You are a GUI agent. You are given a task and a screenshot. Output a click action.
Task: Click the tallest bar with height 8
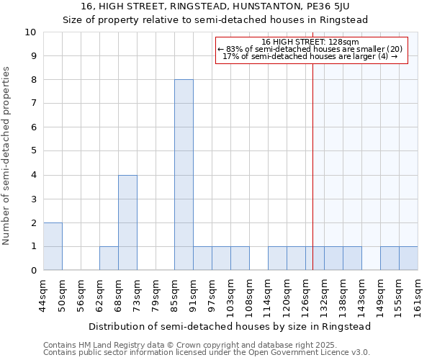pyautogui.click(x=184, y=175)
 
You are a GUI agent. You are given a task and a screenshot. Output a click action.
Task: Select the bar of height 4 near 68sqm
pyautogui.click(x=127, y=222)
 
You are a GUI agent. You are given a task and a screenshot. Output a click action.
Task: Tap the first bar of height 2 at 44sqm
pyautogui.click(x=53, y=246)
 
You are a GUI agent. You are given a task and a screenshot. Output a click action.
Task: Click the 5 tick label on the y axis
pyautogui.click(x=33, y=151)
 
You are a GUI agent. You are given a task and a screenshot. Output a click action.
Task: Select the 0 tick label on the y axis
pyautogui.click(x=33, y=271)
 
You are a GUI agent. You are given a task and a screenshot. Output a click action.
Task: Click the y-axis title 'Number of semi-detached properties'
pyautogui.click(x=7, y=156)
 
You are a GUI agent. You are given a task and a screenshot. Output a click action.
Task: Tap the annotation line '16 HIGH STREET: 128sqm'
pyautogui.click(x=310, y=42)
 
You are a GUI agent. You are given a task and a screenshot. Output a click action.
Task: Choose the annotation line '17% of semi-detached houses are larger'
pyautogui.click(x=310, y=55)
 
